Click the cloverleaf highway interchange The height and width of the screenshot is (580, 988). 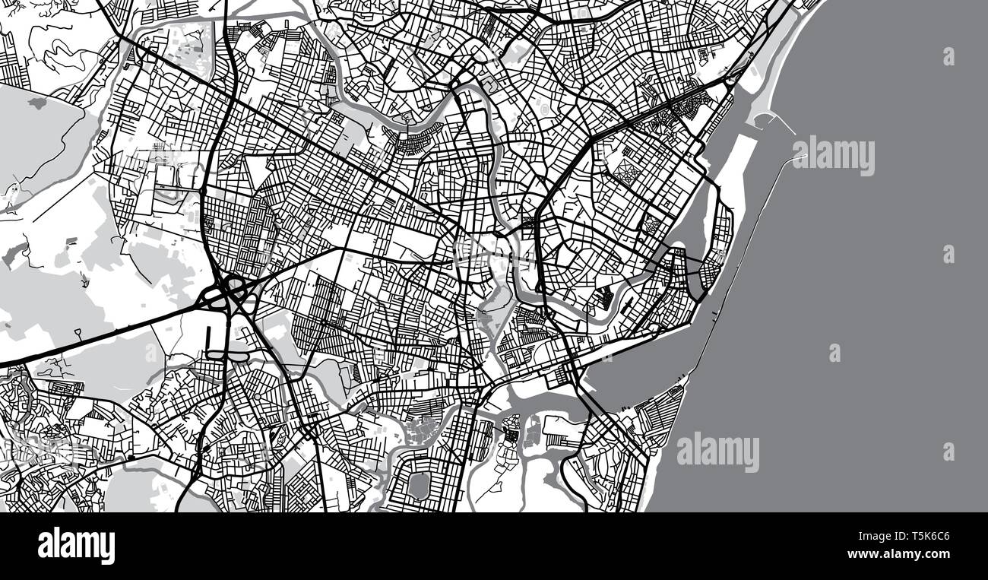[x=230, y=290]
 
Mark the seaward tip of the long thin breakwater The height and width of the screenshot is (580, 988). [x=802, y=157]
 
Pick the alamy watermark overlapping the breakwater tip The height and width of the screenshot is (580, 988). [x=834, y=156]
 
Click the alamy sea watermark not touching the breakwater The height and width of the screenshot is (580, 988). [x=717, y=452]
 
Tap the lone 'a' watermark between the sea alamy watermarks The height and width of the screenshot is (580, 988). [x=834, y=352]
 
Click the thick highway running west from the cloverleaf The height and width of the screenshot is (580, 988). [x=99, y=332]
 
